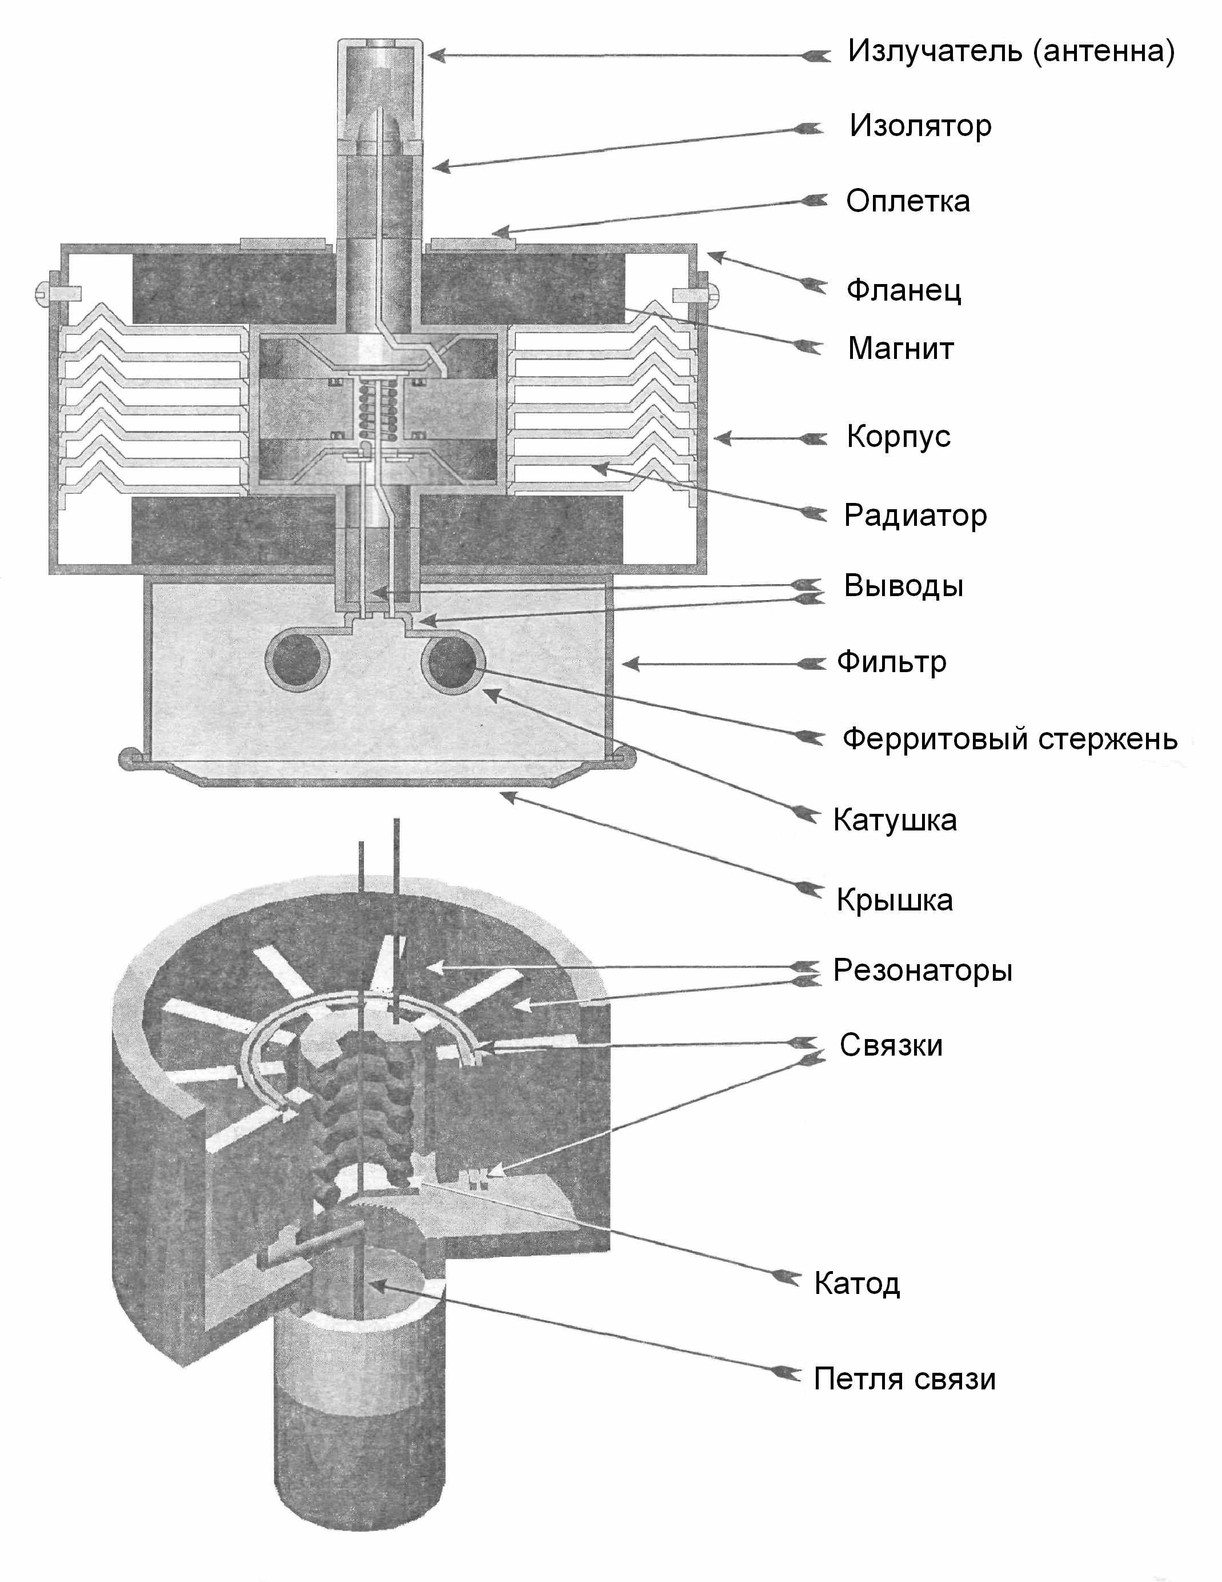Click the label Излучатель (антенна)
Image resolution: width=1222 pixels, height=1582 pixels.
(x=1011, y=51)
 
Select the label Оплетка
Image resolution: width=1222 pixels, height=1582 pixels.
(x=908, y=201)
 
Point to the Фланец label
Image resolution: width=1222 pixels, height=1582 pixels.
(x=903, y=290)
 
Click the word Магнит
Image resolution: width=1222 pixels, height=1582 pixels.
(x=900, y=349)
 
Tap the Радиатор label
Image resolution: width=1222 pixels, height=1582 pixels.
(x=915, y=516)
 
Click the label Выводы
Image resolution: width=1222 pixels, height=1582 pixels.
(x=903, y=586)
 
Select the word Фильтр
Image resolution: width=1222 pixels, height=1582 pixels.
(x=891, y=662)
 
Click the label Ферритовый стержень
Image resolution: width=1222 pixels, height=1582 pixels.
(x=1009, y=740)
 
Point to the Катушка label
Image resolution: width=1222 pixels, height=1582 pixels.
(x=895, y=821)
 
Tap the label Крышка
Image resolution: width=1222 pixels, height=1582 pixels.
(x=895, y=900)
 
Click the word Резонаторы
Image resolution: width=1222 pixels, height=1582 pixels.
(x=922, y=970)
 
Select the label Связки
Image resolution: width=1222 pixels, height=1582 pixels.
(x=891, y=1046)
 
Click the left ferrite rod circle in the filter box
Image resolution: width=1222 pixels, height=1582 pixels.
(x=298, y=662)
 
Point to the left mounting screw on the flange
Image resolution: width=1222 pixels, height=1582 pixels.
(x=45, y=293)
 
